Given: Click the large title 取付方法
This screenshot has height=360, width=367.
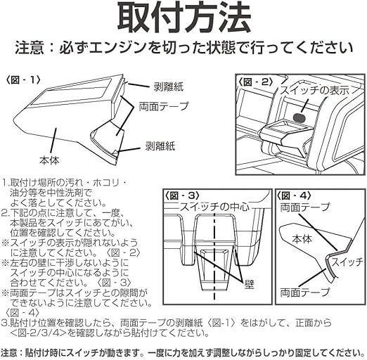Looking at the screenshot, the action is click(x=184, y=18).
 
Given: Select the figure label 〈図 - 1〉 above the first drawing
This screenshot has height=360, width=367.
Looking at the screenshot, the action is click(x=23, y=80).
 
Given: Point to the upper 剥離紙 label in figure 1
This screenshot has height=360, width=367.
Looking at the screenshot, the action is click(x=168, y=87).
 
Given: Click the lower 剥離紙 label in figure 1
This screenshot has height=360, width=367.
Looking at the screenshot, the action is click(x=160, y=146).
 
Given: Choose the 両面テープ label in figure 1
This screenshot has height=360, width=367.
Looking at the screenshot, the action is click(x=164, y=107).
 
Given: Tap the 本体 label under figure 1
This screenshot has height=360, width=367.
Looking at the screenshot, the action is click(x=49, y=160).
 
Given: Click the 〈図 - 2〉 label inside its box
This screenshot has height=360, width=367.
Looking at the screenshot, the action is click(x=256, y=82).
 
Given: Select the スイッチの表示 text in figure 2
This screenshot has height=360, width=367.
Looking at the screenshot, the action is click(x=315, y=91).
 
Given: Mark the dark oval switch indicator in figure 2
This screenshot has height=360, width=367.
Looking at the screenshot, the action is click(x=300, y=117).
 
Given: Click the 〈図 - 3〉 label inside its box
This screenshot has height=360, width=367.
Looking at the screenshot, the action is click(x=182, y=195).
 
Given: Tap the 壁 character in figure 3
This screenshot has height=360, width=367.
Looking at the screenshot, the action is click(x=249, y=285).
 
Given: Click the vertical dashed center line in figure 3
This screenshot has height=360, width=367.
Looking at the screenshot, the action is click(x=214, y=255).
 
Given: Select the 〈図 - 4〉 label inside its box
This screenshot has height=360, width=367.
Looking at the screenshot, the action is click(x=295, y=195).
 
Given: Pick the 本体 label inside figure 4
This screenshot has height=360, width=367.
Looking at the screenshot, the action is click(x=302, y=240).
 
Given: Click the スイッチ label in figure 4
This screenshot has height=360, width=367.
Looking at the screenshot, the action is click(x=347, y=262).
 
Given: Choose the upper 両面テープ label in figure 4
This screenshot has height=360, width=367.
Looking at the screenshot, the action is click(x=305, y=207).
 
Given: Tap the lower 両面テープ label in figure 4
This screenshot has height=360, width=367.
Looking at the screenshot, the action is click(x=305, y=292).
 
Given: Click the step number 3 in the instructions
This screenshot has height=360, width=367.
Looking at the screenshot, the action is click(x=4, y=323).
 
